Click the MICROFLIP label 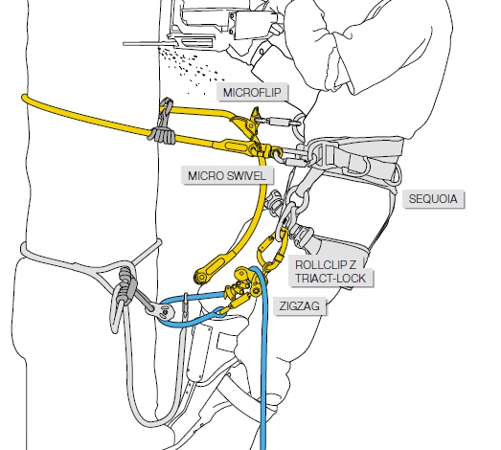click(x=252, y=93)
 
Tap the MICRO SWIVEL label click(x=227, y=175)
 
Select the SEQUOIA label click(x=433, y=199)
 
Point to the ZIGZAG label click(x=300, y=306)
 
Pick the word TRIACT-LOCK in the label click(x=330, y=279)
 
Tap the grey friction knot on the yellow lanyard click(x=162, y=135)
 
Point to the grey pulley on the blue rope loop click(x=162, y=310)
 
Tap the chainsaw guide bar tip click(x=125, y=44)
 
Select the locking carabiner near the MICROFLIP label click(x=280, y=122)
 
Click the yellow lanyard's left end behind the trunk click(x=25, y=98)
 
